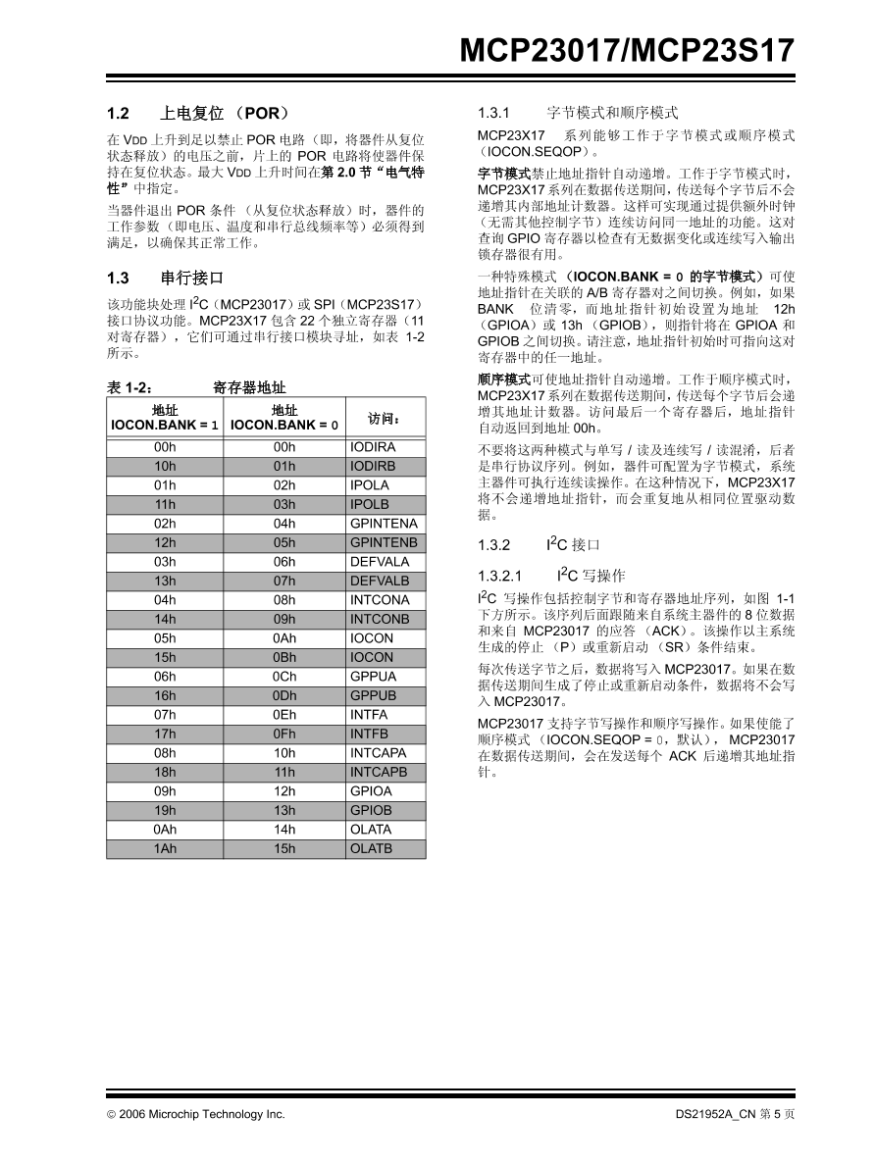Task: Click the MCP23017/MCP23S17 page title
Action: (x=627, y=51)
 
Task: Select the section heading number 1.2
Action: (x=118, y=113)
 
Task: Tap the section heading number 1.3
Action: (x=118, y=278)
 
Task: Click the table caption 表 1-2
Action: (x=129, y=388)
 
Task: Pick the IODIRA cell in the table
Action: (x=373, y=447)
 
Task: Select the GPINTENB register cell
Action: (x=384, y=542)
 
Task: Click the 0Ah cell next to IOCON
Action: (x=284, y=637)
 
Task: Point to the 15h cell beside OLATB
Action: (x=284, y=848)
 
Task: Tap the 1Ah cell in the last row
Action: (x=165, y=848)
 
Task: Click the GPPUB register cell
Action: (x=373, y=695)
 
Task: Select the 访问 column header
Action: (x=384, y=419)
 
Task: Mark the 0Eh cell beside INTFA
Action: (x=284, y=715)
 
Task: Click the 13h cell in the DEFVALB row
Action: (x=165, y=581)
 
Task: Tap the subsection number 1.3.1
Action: (x=494, y=113)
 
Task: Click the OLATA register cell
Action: (x=371, y=830)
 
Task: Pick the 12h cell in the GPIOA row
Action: (x=284, y=791)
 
